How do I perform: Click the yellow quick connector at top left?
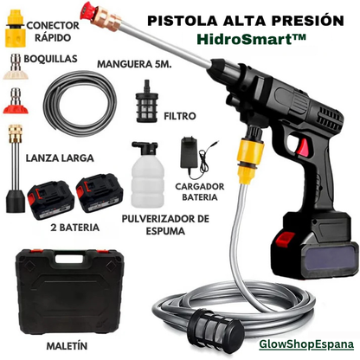15,29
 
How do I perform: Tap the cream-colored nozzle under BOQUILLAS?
16,67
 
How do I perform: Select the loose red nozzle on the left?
16,101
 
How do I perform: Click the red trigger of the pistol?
303,146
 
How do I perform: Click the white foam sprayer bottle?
148,175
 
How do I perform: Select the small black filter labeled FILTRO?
147,101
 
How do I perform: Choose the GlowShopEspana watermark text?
306,344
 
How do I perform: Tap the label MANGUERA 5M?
134,64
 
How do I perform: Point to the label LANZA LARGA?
60,158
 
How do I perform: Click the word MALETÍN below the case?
67,346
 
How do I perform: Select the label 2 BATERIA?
75,228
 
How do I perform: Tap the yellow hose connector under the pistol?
250,160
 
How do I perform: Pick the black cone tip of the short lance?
16,201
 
